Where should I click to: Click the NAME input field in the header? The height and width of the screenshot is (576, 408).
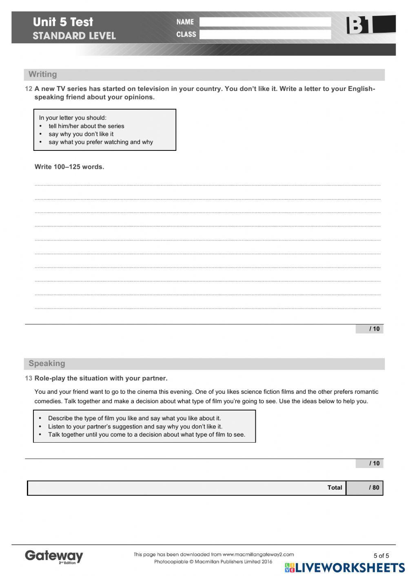coord(265,22)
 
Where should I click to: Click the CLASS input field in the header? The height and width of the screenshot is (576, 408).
coord(265,35)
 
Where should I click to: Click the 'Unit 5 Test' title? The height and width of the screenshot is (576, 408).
coord(63,22)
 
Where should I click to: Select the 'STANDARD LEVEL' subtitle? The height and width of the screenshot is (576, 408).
coord(74,36)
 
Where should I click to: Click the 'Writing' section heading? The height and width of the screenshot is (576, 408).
coord(43,75)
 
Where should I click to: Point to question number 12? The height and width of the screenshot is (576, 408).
coord(29,89)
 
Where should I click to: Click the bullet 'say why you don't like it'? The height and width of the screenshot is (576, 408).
coord(81,134)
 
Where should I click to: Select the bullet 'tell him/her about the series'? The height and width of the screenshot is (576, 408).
coord(86,126)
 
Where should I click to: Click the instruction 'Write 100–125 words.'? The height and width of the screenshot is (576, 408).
coord(69,167)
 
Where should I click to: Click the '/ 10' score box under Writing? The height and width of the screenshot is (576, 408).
coord(369,329)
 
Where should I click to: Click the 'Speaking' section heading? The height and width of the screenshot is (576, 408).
coord(47,364)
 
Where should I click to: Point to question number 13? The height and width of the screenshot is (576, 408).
coord(29,378)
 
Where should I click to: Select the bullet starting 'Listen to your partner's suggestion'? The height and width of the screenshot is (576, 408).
coord(135,426)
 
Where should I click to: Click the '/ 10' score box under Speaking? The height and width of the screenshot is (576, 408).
coord(369,463)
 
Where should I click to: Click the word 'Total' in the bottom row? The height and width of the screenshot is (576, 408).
coord(335,488)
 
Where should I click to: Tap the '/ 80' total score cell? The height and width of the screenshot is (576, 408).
coord(364,488)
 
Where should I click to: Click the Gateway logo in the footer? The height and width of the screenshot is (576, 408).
coord(54,556)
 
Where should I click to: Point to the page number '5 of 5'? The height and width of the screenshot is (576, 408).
coord(381,556)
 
